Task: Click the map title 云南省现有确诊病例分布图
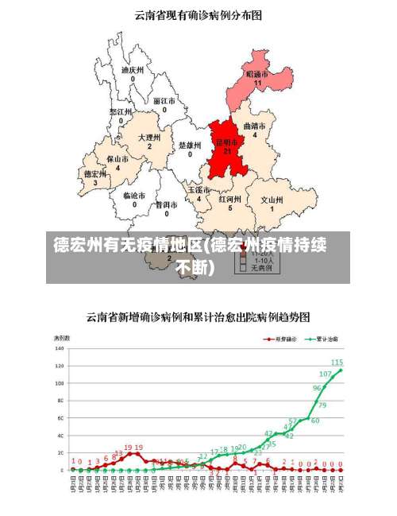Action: point(198,14)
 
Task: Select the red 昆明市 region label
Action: point(227,143)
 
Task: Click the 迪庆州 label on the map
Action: point(133,70)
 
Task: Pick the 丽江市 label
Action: point(165,101)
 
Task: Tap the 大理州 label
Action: point(149,138)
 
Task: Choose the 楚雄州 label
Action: point(190,145)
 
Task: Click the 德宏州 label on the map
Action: point(95,173)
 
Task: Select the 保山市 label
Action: point(118,159)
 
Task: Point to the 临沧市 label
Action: point(134,195)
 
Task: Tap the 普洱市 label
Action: point(166,204)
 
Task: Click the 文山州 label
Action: point(272,200)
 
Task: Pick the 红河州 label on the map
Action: point(230,199)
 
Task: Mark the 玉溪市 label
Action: point(198,190)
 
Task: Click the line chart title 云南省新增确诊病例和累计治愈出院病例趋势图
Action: point(198,316)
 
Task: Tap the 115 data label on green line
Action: point(337,363)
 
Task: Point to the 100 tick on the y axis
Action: point(60,383)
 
